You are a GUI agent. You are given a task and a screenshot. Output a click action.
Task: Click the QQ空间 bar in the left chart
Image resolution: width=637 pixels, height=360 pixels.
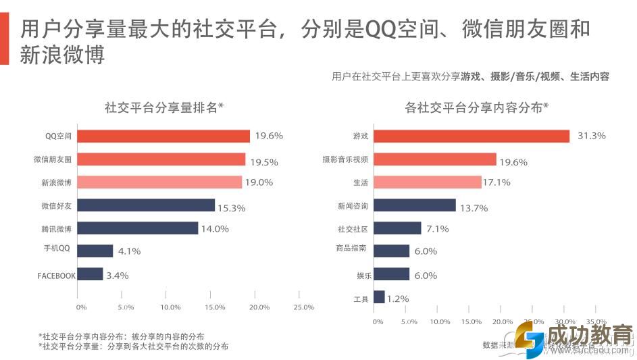pos(163,136)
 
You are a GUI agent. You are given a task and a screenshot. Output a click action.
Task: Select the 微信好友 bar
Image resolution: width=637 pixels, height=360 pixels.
pos(146,205)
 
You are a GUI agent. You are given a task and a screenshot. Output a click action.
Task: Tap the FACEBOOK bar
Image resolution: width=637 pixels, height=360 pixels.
pos(90,274)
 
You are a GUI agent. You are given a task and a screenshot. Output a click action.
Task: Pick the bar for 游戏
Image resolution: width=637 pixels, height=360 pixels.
pos(472,136)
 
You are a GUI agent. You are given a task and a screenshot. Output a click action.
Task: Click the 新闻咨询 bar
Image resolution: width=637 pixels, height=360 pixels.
pos(415,205)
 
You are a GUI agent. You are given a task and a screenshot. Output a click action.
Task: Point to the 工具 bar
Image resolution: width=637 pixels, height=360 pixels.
pos(379,297)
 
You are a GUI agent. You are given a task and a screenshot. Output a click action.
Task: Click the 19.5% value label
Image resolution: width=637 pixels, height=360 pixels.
pos(264,162)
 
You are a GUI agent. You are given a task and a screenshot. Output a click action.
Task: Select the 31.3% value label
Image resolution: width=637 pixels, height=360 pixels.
pos(592,136)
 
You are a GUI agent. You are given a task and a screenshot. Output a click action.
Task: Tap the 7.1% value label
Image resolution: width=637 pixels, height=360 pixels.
pos(438,229)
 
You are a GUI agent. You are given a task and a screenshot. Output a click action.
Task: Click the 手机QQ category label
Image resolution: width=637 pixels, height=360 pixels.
pos(57,249)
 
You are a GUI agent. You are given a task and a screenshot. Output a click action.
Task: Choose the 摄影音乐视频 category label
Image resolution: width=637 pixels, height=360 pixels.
pos(345,159)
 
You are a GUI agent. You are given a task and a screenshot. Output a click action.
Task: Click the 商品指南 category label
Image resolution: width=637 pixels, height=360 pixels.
pos(351,249)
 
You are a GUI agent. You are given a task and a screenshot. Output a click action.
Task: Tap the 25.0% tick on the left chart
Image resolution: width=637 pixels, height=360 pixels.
pos(304,307)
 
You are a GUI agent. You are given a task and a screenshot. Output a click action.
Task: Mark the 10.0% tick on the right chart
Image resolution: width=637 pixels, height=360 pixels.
pos(440,322)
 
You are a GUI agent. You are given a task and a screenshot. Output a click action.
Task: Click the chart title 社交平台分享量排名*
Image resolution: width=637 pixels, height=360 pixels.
pos(164,107)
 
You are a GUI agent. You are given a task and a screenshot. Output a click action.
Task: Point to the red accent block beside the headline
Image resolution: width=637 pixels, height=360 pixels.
pos(4,41)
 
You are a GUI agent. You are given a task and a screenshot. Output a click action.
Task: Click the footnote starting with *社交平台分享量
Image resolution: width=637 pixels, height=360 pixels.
pos(133,346)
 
